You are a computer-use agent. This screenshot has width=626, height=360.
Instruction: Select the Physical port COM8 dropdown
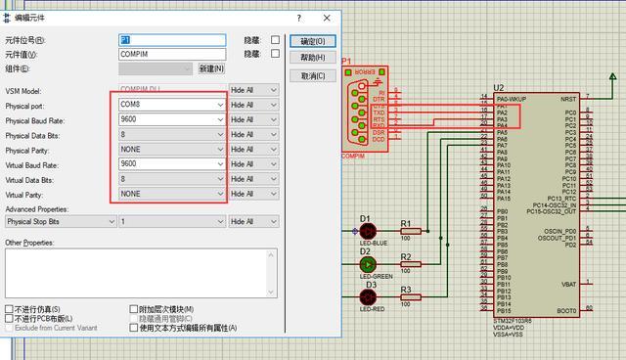(x=171, y=104)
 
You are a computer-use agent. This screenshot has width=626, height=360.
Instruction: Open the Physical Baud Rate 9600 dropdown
(x=171, y=118)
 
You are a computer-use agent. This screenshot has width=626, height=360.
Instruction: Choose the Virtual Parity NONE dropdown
(x=171, y=194)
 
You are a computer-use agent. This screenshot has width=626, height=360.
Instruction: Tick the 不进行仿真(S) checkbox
(x=10, y=309)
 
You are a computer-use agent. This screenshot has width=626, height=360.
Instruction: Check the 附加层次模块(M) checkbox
(x=134, y=309)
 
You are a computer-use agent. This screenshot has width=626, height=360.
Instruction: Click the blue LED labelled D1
(x=368, y=231)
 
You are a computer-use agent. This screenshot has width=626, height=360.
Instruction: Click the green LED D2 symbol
(x=368, y=264)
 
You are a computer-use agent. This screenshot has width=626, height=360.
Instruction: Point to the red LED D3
(x=369, y=297)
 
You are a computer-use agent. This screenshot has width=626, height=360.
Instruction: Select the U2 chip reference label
(x=499, y=88)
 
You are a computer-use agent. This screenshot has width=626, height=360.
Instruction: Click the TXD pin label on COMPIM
(x=379, y=112)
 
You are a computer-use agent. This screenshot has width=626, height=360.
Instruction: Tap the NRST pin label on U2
(x=568, y=99)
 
